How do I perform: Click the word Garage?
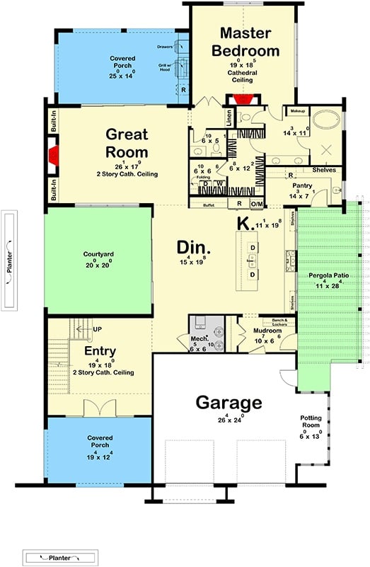pos(229,403)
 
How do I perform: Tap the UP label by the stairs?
pos(98,329)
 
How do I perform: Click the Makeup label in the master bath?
pos(295,111)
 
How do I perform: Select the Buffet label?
pos(208,205)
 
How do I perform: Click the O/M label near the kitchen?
pos(258,205)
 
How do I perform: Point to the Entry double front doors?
pos(97,408)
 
